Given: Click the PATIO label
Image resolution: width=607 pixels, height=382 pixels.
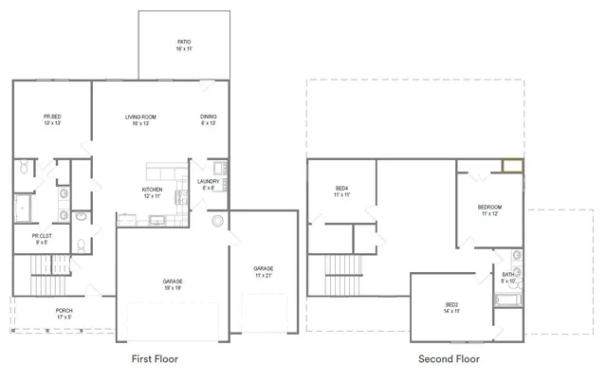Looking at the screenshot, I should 184,43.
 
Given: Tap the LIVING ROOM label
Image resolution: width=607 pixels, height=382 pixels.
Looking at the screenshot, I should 140,118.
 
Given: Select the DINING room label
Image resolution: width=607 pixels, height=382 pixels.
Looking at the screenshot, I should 209,118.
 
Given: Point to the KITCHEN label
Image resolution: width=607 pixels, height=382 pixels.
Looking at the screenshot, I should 152,190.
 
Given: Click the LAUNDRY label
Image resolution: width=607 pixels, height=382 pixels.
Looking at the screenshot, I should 209,181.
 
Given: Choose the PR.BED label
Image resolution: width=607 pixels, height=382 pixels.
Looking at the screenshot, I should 52,118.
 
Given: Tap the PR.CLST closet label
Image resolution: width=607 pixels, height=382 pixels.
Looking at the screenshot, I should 42,236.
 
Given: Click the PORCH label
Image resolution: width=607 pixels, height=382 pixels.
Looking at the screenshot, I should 64,311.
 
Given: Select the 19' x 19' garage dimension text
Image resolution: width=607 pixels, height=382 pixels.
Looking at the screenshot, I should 173,287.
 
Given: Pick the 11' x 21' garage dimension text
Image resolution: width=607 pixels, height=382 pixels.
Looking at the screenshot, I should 263,275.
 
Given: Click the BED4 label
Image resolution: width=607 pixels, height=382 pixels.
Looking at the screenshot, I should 342,189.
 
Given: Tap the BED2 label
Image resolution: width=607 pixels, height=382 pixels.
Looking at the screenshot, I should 452,304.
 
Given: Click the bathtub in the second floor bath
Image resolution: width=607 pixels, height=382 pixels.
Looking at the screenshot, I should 507,300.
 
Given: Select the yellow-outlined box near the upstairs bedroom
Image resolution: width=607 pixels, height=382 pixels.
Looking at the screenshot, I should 512,167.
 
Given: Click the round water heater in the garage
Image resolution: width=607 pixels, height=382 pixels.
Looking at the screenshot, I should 217,221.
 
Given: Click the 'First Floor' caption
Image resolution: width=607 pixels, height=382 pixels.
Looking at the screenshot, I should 154,359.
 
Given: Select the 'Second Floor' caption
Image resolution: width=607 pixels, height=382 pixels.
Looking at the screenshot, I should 449,359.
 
